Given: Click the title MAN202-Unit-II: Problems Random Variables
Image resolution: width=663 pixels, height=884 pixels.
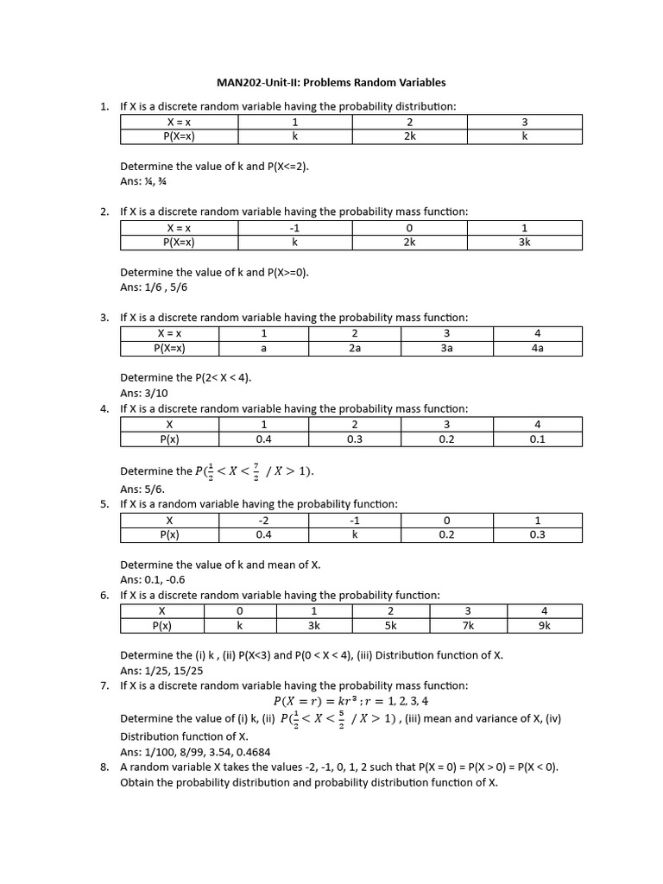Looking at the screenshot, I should (331, 83).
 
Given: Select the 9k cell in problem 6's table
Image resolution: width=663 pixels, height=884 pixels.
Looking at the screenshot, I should (544, 626).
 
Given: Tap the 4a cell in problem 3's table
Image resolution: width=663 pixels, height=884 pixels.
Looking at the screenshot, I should (537, 348).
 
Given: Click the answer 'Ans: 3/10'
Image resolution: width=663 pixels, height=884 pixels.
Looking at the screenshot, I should (144, 393).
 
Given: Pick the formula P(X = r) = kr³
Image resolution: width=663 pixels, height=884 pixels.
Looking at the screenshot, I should (350, 701).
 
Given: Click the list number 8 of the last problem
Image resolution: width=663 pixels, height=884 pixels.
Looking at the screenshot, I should (104, 767).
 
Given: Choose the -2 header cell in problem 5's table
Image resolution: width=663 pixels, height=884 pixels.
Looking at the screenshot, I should (264, 521).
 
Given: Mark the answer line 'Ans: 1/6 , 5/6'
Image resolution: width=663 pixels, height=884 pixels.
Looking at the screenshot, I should (154, 287).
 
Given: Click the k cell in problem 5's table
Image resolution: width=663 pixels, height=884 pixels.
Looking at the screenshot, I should (354, 534).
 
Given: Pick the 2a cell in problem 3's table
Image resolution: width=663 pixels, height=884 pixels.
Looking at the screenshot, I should (355, 348).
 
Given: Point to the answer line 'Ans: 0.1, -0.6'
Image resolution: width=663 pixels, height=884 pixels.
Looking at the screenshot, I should (154, 579).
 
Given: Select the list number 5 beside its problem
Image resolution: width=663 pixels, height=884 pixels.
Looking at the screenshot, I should (104, 504).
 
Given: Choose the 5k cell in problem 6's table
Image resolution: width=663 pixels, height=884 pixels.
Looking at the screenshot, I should (390, 626).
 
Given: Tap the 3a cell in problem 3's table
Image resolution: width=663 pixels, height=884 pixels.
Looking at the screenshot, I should (446, 348).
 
